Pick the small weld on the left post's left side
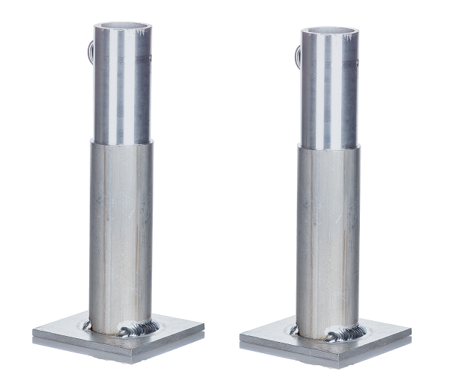click(x=89, y=324)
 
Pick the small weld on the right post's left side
click(x=294, y=329)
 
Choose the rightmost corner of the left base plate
click(x=203, y=326)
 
